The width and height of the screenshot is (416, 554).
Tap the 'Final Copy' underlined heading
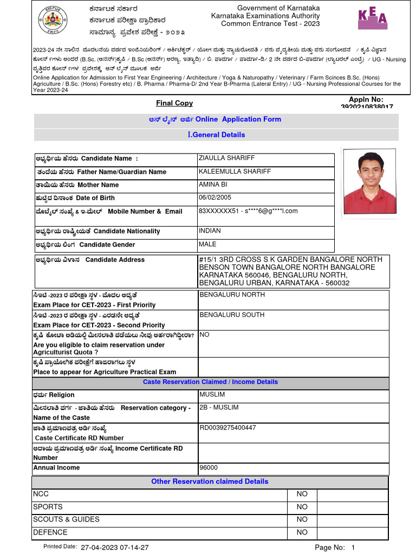[x=174, y=103]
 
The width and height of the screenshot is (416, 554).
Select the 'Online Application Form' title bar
[x=216, y=120]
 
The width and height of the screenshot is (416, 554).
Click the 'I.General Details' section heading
[x=216, y=135]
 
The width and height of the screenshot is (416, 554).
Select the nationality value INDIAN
[x=210, y=231]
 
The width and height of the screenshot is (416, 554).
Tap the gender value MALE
[x=207, y=245]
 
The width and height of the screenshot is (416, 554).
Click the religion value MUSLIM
[x=211, y=395]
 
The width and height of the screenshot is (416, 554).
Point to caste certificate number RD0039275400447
[x=227, y=428]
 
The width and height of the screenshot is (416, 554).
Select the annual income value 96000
[x=209, y=467]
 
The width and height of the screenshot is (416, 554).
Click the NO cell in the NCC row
[x=302, y=494]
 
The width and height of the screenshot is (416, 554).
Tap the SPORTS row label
[x=48, y=507]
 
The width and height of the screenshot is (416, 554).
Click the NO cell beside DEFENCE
[x=302, y=533]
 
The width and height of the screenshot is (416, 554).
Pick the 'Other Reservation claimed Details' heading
[x=210, y=482]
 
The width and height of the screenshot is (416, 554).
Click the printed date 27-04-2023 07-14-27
[x=114, y=548]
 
